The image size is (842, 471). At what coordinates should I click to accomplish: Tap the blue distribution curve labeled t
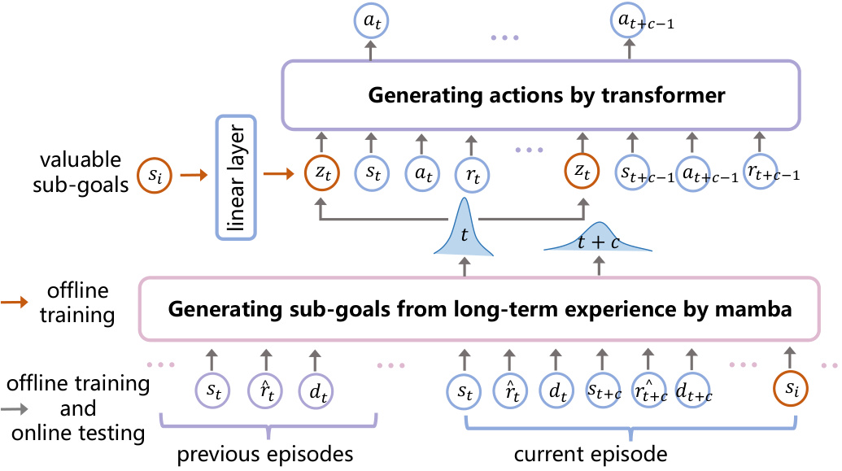464,232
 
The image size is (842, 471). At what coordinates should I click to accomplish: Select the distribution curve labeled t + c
600,240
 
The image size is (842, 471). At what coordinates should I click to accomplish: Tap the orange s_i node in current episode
792,390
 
